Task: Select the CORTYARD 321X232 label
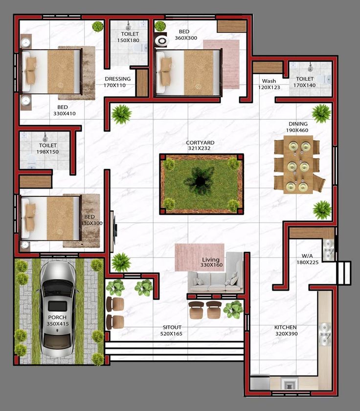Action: (200, 146)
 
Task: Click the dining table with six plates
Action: (298, 165)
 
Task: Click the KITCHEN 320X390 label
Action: (286, 330)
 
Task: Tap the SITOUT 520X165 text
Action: (172, 330)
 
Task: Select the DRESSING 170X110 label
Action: (117, 82)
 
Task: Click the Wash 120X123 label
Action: (269, 84)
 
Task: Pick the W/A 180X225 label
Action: (308, 259)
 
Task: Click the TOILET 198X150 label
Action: (47, 149)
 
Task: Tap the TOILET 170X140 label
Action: (304, 82)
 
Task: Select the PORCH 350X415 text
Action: (57, 320)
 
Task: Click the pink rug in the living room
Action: (200, 258)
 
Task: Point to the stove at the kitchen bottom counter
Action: (289, 384)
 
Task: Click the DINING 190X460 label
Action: (297, 127)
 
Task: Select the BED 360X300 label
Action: (186, 35)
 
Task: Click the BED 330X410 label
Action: (64, 110)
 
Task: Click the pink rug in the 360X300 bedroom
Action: (222, 64)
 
